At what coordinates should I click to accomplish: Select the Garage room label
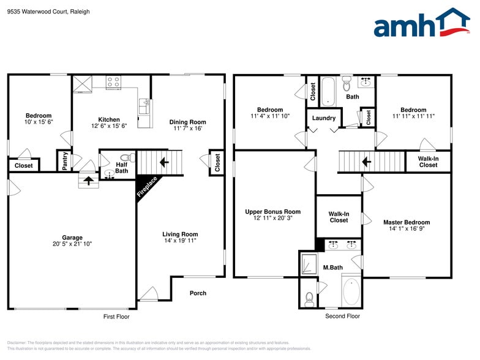[x=72, y=238]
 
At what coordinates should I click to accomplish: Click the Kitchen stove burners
[x=113, y=82]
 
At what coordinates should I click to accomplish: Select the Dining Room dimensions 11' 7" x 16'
[x=187, y=129]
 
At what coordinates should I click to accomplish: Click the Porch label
[x=198, y=293]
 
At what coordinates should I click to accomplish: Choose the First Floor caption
[x=116, y=317]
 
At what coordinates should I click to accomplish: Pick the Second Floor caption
[x=342, y=316]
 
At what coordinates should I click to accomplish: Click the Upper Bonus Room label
[x=272, y=212]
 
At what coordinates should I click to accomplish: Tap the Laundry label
[x=323, y=118]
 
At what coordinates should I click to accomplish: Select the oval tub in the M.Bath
[x=351, y=291]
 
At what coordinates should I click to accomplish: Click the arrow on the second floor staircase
[x=366, y=162]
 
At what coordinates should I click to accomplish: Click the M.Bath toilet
[x=309, y=298]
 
